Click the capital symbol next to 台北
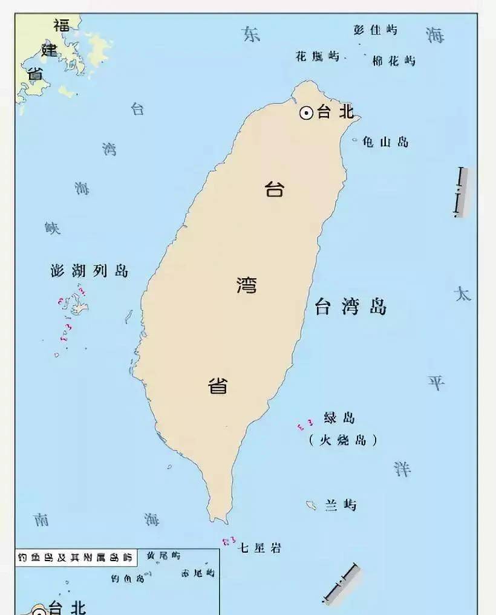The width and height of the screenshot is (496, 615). click(x=307, y=112)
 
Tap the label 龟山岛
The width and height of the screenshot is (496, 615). click(x=385, y=142)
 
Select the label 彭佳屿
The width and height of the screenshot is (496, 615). click(x=376, y=30)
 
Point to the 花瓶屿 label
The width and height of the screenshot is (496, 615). click(x=318, y=57)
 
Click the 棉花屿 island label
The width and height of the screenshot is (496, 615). click(x=394, y=60)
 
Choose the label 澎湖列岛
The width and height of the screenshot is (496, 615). click(x=90, y=270)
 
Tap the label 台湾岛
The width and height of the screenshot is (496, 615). click(x=351, y=307)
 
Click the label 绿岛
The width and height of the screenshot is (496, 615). click(x=339, y=418)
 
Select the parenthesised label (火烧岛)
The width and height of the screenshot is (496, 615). click(x=342, y=440)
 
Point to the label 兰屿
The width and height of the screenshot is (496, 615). click(x=341, y=505)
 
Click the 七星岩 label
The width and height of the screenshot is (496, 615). click(x=259, y=548)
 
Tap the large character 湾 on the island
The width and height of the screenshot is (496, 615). click(x=246, y=284)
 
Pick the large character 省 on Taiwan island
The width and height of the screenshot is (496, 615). click(x=218, y=385)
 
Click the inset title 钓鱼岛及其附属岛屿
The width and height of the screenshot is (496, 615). click(x=75, y=557)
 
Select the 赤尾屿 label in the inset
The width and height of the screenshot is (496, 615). click(x=198, y=572)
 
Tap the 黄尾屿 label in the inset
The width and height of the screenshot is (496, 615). click(x=163, y=555)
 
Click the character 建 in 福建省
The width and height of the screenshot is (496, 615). click(x=50, y=49)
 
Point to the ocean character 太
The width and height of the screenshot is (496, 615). click(x=462, y=294)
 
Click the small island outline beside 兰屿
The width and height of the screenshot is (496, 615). click(x=311, y=505)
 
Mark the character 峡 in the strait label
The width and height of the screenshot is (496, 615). click(x=53, y=228)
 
